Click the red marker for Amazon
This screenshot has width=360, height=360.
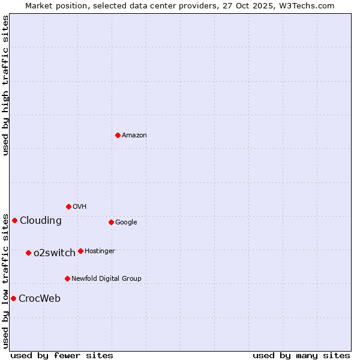coord(118,135)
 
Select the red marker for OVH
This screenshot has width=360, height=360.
coord(68,206)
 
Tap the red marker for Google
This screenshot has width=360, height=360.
coord(111,222)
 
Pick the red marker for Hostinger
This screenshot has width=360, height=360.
coord(80,251)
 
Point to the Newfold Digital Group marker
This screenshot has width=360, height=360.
coord(67,278)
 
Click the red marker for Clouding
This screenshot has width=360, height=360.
coord(14,220)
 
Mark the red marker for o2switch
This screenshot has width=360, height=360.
coord(28,253)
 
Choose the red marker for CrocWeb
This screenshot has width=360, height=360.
coord(13,298)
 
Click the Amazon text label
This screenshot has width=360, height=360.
coord(134,136)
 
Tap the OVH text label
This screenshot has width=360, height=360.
coord(80,207)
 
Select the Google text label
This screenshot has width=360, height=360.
coord(126,223)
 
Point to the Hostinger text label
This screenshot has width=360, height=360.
coord(100,251)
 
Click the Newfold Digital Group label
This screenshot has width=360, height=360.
coord(106,279)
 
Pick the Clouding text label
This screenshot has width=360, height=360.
coord(41,221)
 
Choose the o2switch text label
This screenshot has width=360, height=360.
coord(55,253)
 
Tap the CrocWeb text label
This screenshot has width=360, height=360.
coord(40,299)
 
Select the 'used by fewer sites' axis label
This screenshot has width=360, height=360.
coord(62,355)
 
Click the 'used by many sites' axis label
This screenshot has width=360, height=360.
coord(301,355)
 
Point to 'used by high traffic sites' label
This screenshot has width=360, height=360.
coord(5,85)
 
